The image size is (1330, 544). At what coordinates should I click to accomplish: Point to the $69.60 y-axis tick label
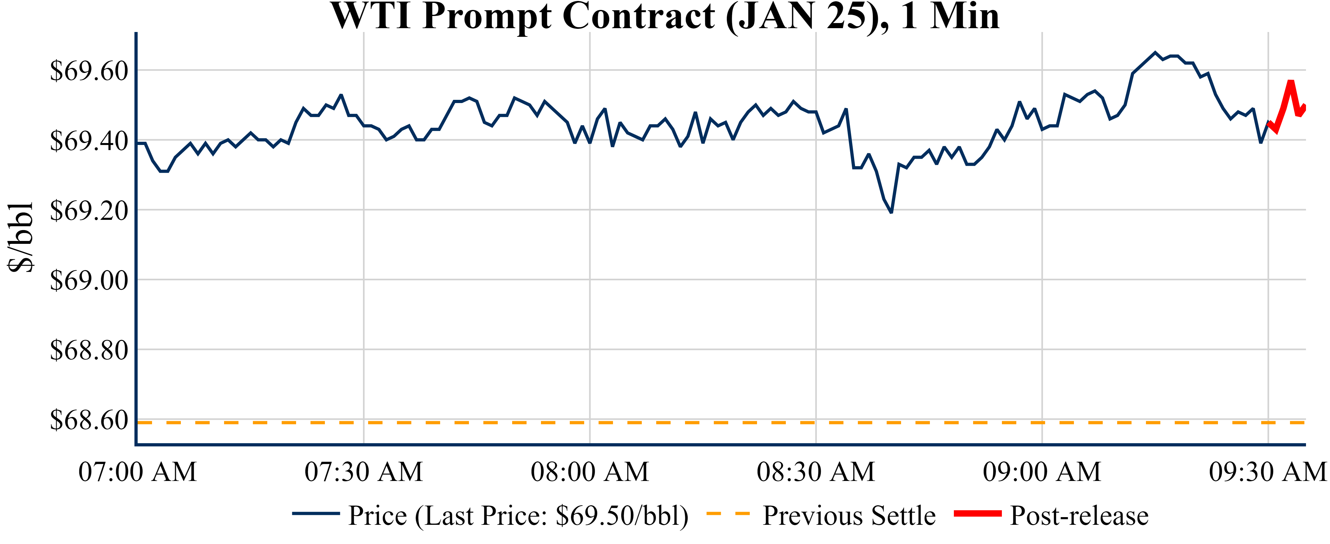tap(89, 71)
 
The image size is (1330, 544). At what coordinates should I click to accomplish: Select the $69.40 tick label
tap(89, 140)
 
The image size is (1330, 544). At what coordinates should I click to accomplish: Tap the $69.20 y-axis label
tap(89, 211)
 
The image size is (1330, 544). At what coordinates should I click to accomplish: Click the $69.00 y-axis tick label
tap(89, 280)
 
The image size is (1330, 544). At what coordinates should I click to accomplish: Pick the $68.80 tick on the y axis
tap(89, 350)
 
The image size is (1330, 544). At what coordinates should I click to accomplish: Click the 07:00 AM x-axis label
tap(137, 472)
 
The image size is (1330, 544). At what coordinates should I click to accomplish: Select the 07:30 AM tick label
tap(364, 472)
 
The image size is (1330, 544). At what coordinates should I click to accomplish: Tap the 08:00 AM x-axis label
tap(590, 472)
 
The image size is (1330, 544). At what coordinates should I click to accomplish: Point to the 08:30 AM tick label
tap(816, 472)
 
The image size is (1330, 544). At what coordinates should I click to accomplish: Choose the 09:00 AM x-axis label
tap(1042, 472)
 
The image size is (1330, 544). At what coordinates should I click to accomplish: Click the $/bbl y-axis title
tap(21, 236)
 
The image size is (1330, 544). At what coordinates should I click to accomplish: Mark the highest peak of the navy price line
tap(1155, 52)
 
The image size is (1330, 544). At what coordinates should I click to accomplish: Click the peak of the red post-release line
tap(1291, 82)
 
